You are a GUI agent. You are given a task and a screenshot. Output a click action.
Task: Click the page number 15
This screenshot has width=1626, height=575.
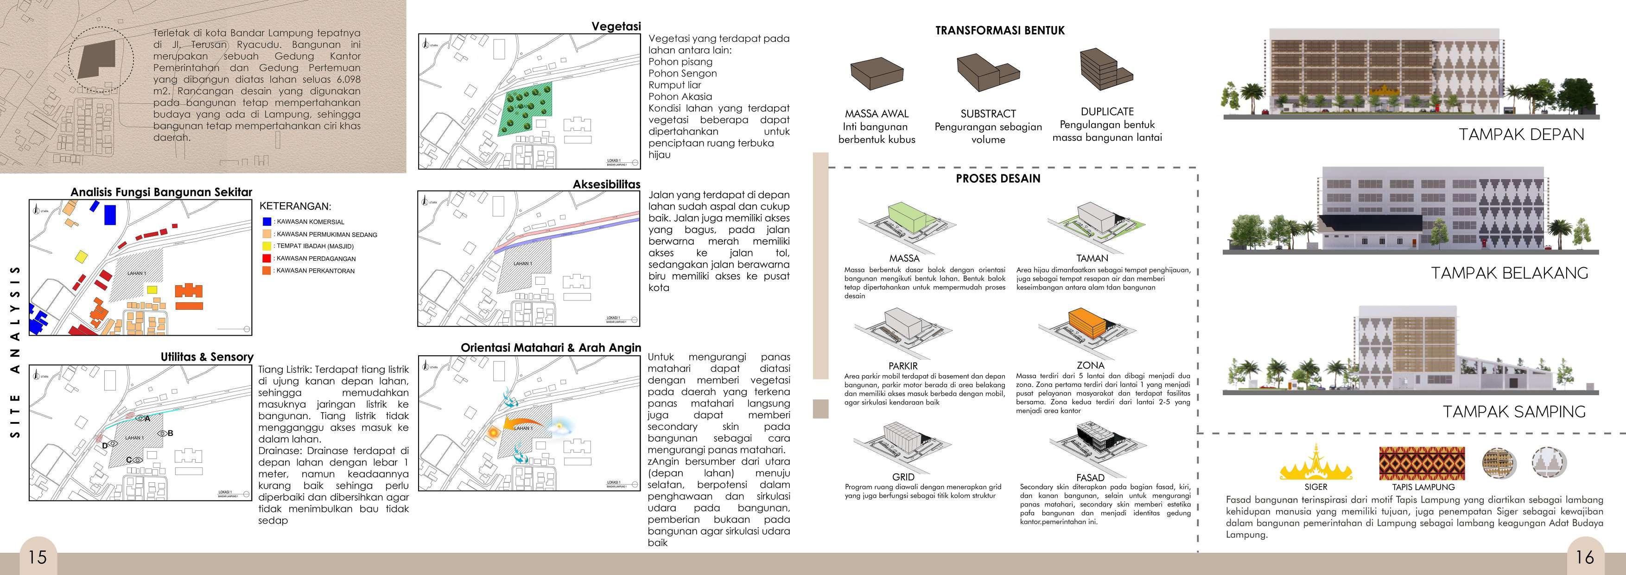(37, 557)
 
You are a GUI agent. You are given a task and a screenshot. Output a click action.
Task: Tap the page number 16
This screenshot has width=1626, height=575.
(1584, 557)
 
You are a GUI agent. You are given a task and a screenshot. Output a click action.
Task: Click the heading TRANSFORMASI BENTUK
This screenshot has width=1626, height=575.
(1000, 30)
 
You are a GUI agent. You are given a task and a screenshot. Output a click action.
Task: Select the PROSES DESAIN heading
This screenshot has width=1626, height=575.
(997, 179)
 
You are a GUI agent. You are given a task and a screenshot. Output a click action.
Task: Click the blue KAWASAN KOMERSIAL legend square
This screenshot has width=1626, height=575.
(267, 222)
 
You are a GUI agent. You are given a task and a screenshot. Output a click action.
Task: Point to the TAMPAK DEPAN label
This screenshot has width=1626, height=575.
(1521, 134)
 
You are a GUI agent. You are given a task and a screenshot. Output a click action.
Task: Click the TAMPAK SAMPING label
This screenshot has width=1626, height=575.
(1514, 411)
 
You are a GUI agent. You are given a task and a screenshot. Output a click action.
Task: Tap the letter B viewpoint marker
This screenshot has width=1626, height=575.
(170, 433)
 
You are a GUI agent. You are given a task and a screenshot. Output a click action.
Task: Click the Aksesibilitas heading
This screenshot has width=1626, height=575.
(606, 184)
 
